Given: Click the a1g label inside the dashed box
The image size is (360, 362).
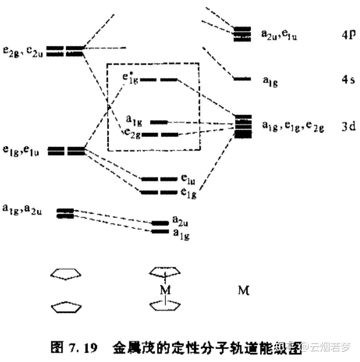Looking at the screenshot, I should tap(134, 121).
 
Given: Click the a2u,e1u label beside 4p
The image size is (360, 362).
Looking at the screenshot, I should tap(279, 35).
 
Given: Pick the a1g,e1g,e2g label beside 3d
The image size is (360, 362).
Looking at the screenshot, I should tap(292, 126).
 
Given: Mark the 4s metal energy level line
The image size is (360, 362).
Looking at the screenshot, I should tap(242, 79).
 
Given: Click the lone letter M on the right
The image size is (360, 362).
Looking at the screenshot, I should tap(243, 291).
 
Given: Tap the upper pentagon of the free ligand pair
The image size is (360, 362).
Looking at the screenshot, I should tap(66, 274).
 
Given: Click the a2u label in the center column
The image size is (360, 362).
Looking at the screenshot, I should tap(180, 221).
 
